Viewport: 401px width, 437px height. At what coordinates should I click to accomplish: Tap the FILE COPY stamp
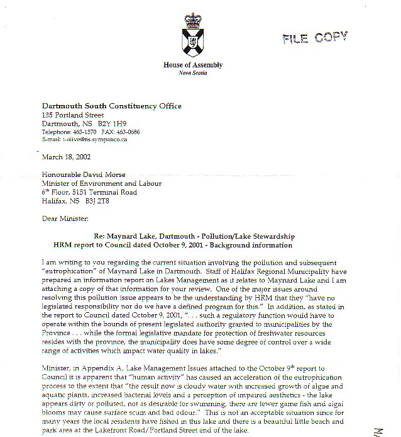pyautogui.click(x=314, y=38)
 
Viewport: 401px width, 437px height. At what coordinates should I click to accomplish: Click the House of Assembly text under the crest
pyautogui.click(x=193, y=65)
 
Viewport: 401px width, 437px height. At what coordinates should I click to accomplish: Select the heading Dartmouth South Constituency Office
pyautogui.click(x=111, y=106)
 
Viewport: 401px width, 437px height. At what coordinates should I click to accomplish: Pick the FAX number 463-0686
pyautogui.click(x=128, y=132)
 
